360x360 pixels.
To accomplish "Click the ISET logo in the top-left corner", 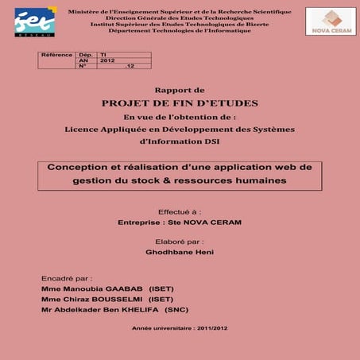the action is tap(35, 22).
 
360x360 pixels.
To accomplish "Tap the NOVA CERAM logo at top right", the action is tap(331, 21).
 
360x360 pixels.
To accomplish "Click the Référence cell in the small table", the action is tap(56, 55).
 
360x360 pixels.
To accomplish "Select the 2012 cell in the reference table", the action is tap(108, 60).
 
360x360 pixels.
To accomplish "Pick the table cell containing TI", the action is tap(104, 55).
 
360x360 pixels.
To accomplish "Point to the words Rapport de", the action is tap(180, 91).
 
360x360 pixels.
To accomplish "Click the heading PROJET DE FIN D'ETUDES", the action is tap(180, 103).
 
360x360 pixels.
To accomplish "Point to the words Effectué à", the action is tap(180, 212).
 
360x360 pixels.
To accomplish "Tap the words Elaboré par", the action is tap(180, 241).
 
